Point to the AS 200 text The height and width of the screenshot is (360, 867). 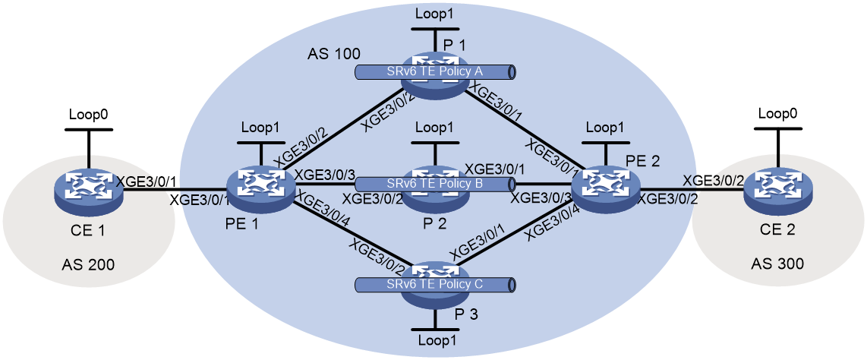(89, 265)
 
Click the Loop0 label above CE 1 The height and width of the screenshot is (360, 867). (89, 115)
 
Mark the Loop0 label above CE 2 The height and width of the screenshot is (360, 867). (777, 115)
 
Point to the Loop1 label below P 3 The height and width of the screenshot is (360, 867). (433, 341)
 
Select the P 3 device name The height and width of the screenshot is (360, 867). (466, 314)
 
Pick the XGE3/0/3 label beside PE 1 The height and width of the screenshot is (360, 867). (323, 174)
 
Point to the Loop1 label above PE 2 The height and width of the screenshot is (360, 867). (606, 128)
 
